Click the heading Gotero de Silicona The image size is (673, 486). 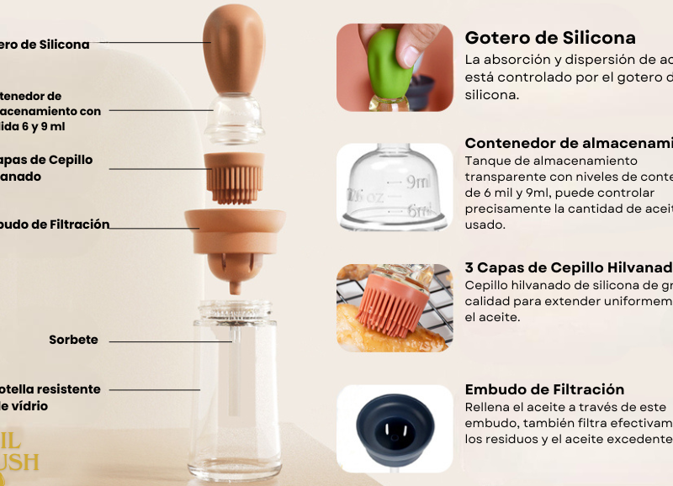pos(550,38)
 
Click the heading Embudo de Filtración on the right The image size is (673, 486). pos(544,389)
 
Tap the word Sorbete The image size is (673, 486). pos(73,341)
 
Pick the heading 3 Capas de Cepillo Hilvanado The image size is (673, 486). pos(569,267)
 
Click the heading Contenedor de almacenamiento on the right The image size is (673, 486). pos(569,143)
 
